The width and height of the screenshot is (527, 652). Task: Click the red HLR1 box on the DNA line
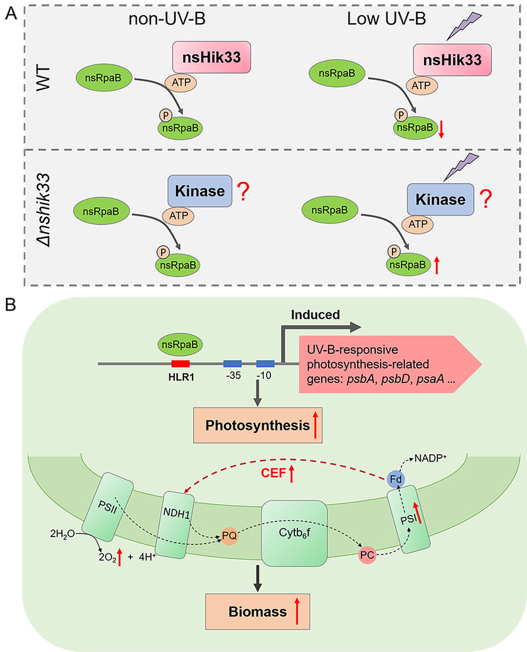(x=181, y=363)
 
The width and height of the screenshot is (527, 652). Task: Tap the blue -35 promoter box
(x=232, y=363)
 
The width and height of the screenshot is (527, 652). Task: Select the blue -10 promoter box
(x=265, y=363)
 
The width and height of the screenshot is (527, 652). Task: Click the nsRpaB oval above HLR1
(x=180, y=343)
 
